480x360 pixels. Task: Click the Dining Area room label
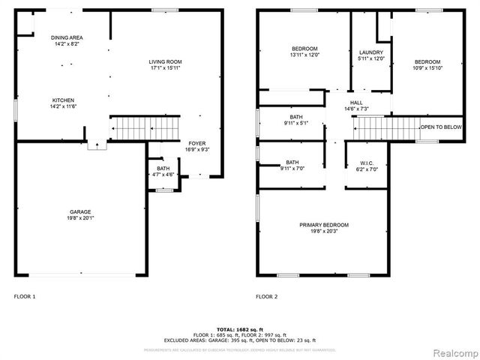click(x=67, y=37)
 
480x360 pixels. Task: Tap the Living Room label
click(x=164, y=61)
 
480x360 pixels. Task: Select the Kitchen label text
click(x=63, y=100)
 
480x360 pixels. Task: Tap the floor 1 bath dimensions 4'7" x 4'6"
click(x=163, y=174)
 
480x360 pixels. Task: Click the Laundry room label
click(x=371, y=52)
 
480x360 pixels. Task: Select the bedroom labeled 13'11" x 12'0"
click(x=305, y=49)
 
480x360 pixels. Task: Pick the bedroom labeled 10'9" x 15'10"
click(x=427, y=61)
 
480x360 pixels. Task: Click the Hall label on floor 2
click(x=355, y=103)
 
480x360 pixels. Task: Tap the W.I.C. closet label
click(x=367, y=163)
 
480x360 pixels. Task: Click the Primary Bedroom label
click(x=324, y=225)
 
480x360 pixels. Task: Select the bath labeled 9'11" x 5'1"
click(x=296, y=118)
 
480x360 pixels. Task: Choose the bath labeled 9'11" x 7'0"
click(x=292, y=163)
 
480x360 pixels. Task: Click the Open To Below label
click(x=441, y=127)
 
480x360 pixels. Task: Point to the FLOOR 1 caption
click(x=25, y=296)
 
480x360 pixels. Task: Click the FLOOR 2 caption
click(x=266, y=296)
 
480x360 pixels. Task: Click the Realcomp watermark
click(x=452, y=350)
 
